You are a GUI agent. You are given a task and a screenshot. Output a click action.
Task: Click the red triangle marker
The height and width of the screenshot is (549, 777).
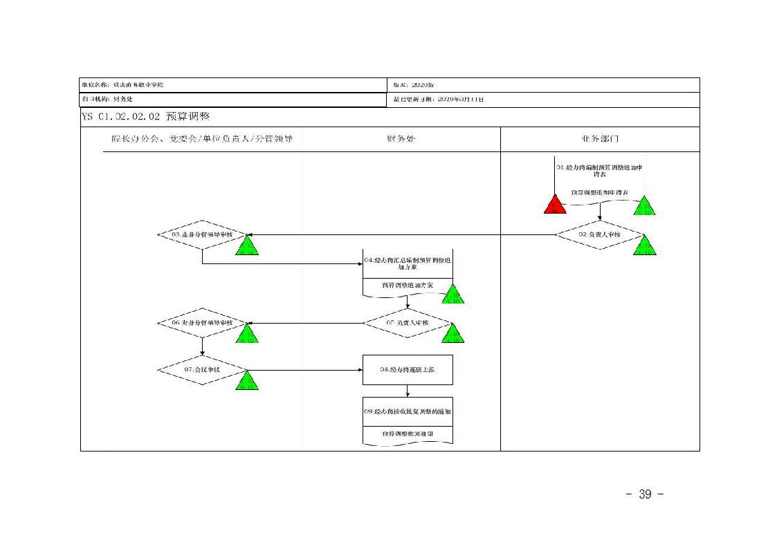(555, 205)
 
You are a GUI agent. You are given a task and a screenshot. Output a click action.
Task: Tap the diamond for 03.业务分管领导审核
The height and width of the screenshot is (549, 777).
(202, 235)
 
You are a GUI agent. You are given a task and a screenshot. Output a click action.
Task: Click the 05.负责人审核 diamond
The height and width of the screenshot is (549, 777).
(408, 323)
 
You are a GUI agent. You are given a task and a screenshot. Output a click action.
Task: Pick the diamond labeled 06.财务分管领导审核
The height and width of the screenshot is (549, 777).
(202, 323)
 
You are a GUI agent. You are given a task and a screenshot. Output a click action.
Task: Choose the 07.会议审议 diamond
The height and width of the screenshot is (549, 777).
(202, 370)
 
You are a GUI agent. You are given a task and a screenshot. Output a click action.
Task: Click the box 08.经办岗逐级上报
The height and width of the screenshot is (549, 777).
(408, 370)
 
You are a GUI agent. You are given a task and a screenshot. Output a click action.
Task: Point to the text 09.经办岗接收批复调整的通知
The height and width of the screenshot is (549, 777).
(408, 411)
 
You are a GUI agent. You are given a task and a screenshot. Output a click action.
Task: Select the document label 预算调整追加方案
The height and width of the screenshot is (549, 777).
(408, 285)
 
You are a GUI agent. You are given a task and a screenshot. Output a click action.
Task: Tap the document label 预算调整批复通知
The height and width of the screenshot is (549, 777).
(408, 434)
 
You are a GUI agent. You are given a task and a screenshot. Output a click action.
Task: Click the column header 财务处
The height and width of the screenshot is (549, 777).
(401, 139)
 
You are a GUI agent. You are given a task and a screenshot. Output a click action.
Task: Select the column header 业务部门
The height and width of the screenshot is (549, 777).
(600, 139)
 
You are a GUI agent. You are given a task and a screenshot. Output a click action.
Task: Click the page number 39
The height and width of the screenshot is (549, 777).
(645, 494)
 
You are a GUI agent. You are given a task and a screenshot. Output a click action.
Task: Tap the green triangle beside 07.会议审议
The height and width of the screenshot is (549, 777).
(247, 381)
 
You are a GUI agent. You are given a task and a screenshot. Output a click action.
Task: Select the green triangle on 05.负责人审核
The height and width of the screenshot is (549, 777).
(453, 333)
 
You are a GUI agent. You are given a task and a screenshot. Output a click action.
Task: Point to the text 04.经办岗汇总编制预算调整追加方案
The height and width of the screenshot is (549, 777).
(408, 263)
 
